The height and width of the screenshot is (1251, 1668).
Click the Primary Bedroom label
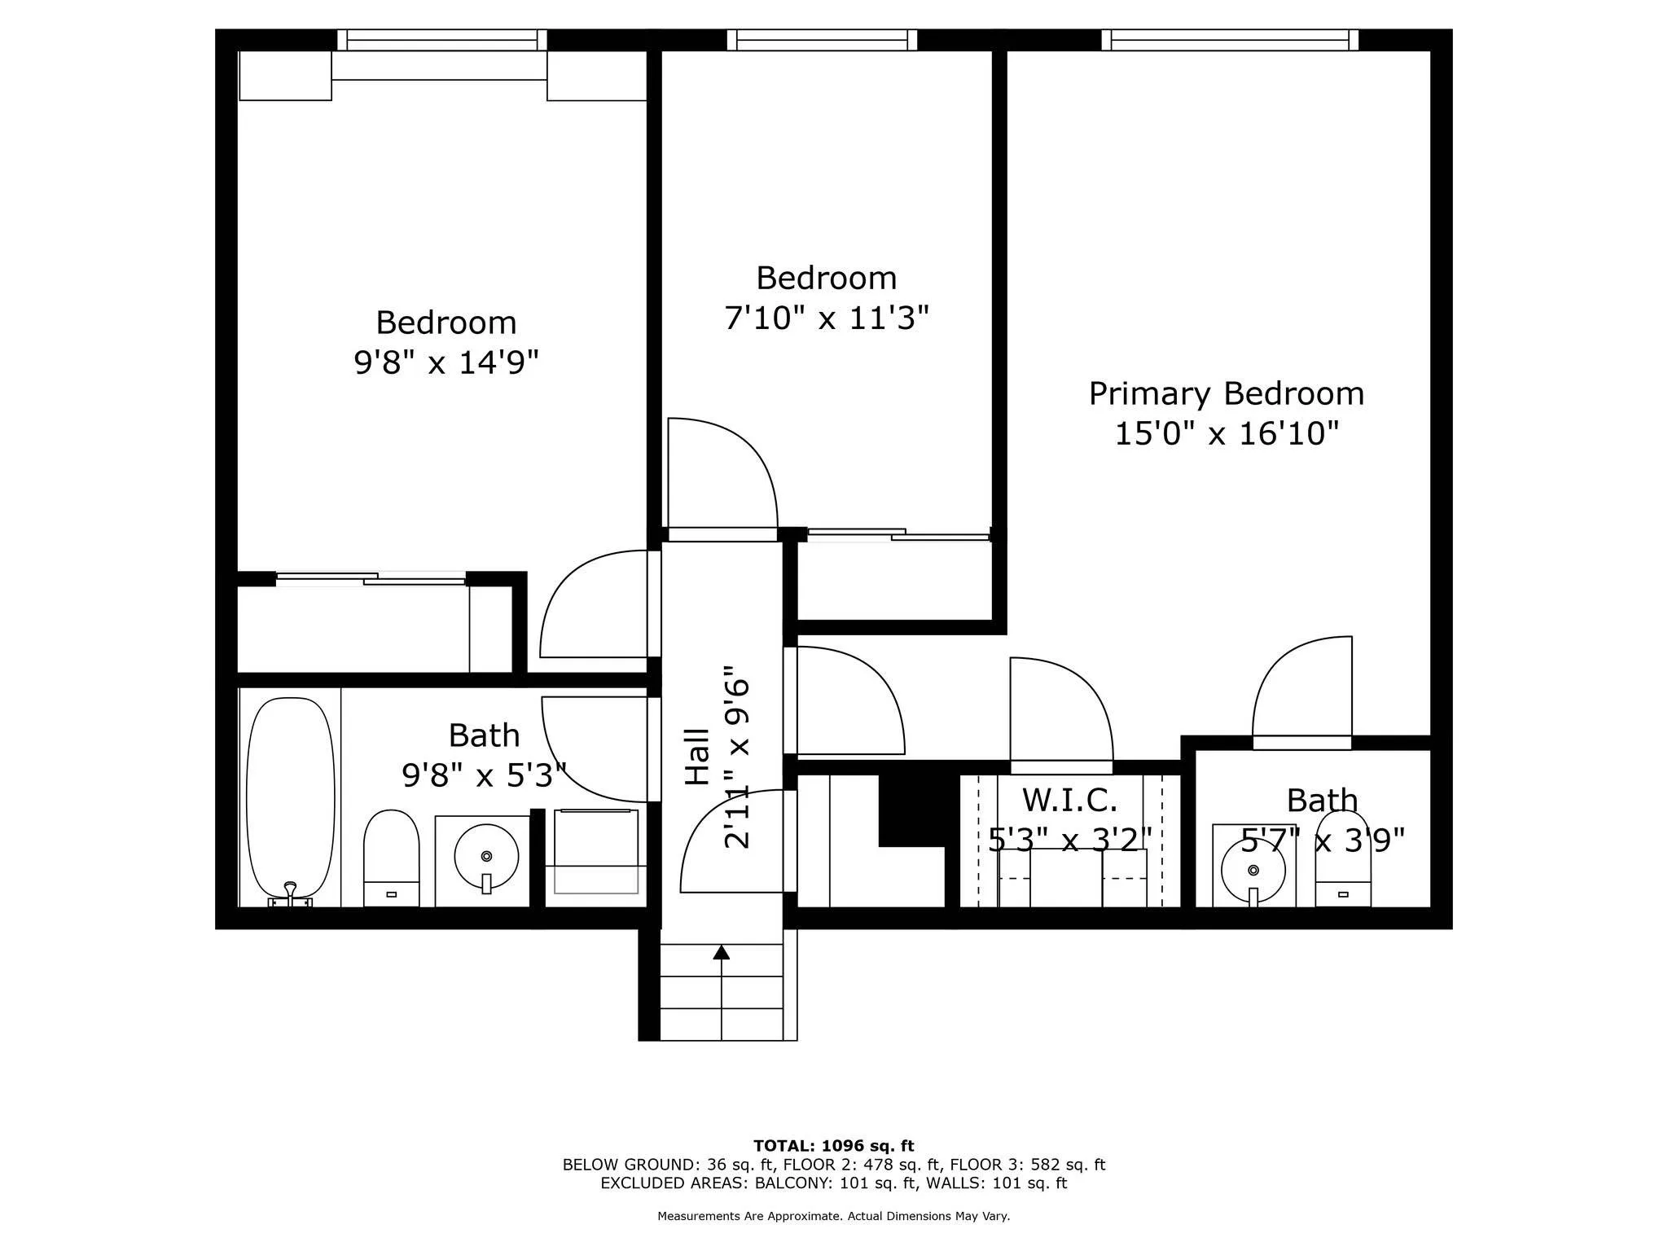(1226, 394)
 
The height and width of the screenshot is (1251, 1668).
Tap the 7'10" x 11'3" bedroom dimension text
(826, 318)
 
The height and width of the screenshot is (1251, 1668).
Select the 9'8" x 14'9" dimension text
(446, 362)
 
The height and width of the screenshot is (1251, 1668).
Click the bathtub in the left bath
(290, 798)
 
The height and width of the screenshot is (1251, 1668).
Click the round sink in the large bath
(486, 857)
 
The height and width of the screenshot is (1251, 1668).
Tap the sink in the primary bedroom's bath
(1253, 870)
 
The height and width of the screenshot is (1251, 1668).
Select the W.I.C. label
(1069, 800)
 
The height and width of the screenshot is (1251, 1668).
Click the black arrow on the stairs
(721, 952)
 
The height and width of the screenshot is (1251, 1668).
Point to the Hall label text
(697, 757)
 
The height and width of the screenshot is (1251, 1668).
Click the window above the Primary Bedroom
(1230, 40)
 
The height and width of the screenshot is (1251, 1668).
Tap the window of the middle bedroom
(822, 40)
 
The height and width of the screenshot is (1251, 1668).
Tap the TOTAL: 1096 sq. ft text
(833, 1146)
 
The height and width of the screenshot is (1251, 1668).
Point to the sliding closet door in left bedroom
(371, 579)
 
